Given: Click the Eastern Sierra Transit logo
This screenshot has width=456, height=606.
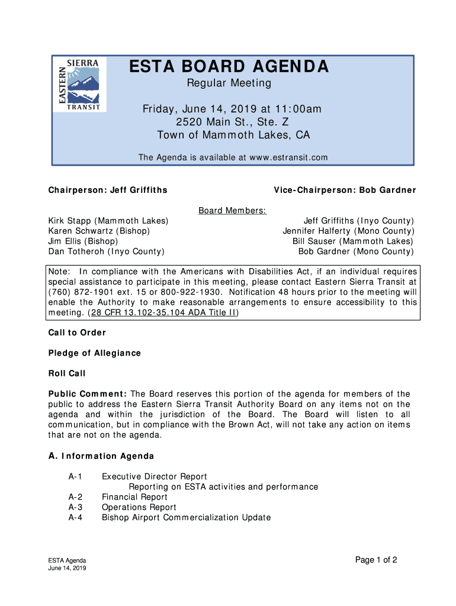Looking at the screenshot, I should pyautogui.click(x=82, y=85).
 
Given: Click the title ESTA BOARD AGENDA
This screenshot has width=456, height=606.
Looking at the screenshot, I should pyautogui.click(x=229, y=67).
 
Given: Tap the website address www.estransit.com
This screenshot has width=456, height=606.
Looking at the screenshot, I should pyautogui.click(x=288, y=157).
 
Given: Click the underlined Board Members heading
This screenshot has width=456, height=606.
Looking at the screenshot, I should pyautogui.click(x=232, y=211).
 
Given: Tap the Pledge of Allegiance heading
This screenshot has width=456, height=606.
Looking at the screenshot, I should pyautogui.click(x=95, y=353).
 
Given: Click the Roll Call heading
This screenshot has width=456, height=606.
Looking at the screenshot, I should pyautogui.click(x=67, y=373).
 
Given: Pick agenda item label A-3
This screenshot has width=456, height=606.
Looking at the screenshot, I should pyautogui.click(x=75, y=507).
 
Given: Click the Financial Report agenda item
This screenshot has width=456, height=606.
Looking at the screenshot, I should pyautogui.click(x=134, y=497).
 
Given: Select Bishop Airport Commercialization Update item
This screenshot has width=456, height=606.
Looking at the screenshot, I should pyautogui.click(x=186, y=518).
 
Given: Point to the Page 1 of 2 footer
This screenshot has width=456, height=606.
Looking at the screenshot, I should pyautogui.click(x=376, y=560).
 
